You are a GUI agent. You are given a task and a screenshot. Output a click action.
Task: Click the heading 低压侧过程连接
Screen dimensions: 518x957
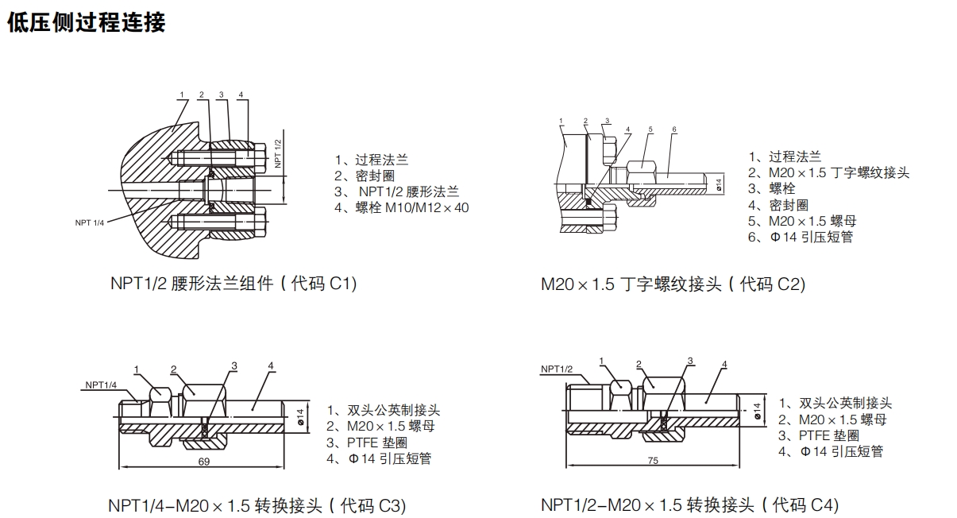click(86, 23)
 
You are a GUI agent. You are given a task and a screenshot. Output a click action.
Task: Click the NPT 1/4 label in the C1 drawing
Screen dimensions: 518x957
click(90, 222)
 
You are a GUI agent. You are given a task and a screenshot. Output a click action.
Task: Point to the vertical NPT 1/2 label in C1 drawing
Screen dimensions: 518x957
click(278, 153)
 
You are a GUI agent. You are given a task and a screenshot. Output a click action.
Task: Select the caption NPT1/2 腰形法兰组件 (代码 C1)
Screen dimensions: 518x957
click(233, 284)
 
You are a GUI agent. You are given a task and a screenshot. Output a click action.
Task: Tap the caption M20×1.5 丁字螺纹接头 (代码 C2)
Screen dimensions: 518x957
click(673, 284)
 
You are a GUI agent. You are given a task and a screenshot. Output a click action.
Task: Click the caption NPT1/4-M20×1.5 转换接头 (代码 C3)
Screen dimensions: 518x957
click(257, 505)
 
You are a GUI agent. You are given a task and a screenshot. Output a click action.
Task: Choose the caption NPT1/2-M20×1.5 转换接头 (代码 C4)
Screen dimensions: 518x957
click(689, 504)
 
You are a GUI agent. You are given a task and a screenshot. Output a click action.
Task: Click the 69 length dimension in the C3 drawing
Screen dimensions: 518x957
click(204, 462)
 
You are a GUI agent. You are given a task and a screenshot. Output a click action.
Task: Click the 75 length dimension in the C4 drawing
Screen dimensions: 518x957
click(653, 460)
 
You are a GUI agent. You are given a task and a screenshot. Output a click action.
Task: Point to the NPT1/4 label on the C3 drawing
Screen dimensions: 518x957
click(101, 385)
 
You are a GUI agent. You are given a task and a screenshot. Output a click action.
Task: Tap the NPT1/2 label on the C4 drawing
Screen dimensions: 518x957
click(557, 369)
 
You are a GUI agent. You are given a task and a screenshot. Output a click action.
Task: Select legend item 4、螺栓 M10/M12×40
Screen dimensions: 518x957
click(401, 208)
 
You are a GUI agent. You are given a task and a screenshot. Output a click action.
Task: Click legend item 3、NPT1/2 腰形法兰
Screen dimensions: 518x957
click(397, 191)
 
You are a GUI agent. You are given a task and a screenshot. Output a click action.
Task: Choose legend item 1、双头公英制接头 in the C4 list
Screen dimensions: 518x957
click(835, 404)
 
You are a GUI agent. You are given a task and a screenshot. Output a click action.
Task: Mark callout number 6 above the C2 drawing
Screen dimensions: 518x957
click(673, 129)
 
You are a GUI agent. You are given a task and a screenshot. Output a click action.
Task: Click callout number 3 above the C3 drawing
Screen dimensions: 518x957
click(234, 365)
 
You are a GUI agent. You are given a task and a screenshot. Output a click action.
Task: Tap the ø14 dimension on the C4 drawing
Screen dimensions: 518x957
click(757, 411)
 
